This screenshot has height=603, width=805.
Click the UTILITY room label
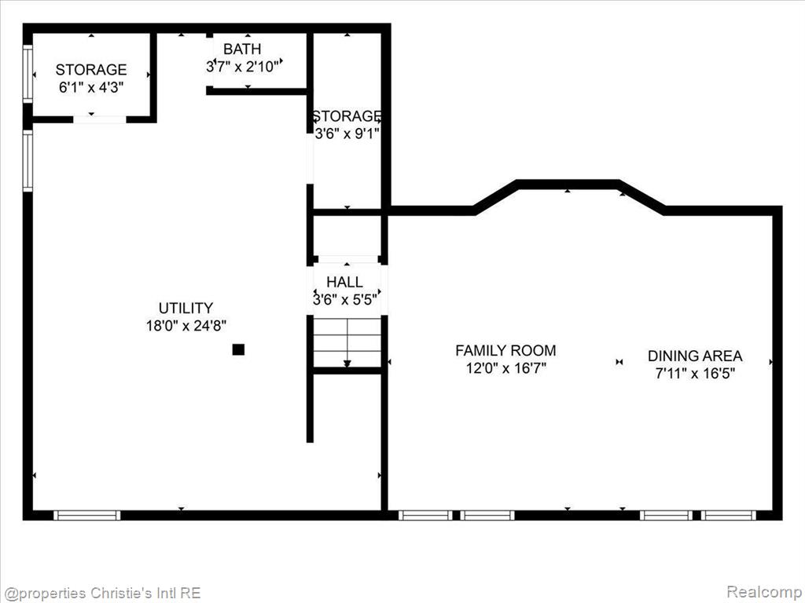pyautogui.click(x=186, y=308)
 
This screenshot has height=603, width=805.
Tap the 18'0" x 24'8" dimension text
pyautogui.click(x=186, y=325)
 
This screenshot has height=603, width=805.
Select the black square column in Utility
pyautogui.click(x=238, y=349)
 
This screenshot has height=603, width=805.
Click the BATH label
pyautogui.click(x=242, y=49)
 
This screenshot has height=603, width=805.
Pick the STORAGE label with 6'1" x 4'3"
pyautogui.click(x=91, y=69)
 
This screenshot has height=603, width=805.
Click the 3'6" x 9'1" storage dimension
pyautogui.click(x=347, y=133)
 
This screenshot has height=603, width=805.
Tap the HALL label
pyautogui.click(x=344, y=282)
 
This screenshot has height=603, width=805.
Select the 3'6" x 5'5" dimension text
pyautogui.click(x=345, y=299)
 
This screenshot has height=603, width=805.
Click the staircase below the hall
pyautogui.click(x=347, y=342)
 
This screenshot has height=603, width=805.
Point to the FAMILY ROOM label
pyautogui.click(x=505, y=350)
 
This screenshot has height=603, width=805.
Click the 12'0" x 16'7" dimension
pyautogui.click(x=505, y=367)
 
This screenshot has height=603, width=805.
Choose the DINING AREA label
pyautogui.click(x=695, y=356)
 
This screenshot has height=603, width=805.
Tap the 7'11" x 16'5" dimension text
pyautogui.click(x=695, y=373)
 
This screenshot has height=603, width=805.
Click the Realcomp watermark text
pyautogui.click(x=764, y=592)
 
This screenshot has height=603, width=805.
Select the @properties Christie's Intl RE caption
pyautogui.click(x=101, y=594)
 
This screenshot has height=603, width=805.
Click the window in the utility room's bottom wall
pyautogui.click(x=86, y=515)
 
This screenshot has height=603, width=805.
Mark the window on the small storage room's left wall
pyautogui.click(x=28, y=74)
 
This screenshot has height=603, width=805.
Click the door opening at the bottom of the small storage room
pyautogui.click(x=100, y=119)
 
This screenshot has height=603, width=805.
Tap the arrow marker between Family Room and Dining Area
pyautogui.click(x=619, y=362)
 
